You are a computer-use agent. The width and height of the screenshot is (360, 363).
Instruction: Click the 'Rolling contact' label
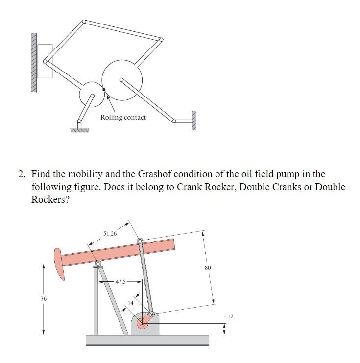[123, 117]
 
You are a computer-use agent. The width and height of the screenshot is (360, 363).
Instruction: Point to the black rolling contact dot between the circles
[104, 89]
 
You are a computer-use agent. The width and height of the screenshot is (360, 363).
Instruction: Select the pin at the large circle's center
[121, 79]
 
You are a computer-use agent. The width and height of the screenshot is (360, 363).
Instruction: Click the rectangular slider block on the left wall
[45, 61]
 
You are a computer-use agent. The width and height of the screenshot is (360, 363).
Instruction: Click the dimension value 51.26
[110, 234]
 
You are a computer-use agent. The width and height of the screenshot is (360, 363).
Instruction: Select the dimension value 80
[208, 268]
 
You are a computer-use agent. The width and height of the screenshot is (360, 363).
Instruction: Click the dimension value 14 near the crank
[130, 303]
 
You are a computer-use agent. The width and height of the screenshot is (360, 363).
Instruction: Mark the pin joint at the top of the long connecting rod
[140, 241]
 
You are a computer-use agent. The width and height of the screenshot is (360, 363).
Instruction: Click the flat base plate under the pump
[147, 340]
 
